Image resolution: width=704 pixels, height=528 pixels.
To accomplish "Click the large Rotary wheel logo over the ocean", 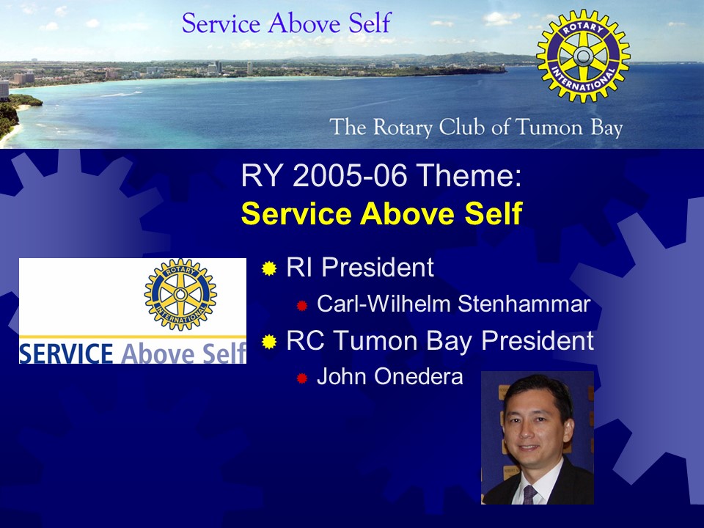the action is tap(583, 56).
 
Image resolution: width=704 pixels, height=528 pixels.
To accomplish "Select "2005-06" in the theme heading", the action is tap(350, 175).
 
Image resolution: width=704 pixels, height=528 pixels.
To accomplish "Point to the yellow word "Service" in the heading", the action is tap(296, 213).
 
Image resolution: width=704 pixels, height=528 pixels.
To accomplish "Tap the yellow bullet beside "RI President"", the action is tap(269, 268).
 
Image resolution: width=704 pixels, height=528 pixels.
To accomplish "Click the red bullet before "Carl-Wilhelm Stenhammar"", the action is tap(301, 306).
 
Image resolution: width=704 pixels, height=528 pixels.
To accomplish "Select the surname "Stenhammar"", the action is tap(524, 304).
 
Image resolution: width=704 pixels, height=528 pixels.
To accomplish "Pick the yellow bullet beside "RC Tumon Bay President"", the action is tap(269, 342).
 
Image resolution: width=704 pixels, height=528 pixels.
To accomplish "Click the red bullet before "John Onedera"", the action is tap(301, 378).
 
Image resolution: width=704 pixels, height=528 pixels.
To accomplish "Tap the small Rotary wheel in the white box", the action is tap(180, 295).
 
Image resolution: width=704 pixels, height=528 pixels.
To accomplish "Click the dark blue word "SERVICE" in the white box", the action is tap(66, 353).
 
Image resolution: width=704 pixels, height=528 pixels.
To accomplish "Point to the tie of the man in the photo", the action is tap(530, 494).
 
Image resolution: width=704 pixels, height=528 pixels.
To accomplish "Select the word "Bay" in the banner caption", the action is tap(606, 128).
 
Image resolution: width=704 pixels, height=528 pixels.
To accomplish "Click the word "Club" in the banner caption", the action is tap(463, 127).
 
